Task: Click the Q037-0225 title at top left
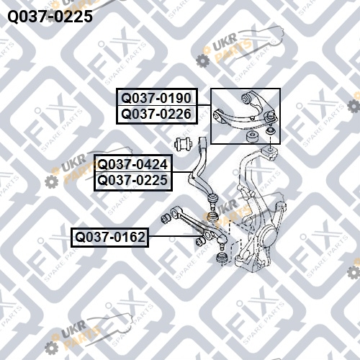coord(50,17)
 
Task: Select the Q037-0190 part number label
coord(156,98)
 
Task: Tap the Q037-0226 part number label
coord(156,114)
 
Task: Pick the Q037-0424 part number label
coord(132,164)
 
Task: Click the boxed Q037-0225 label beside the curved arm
coord(132,180)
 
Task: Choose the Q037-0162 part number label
coord(110,237)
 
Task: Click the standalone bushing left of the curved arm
coord(184,144)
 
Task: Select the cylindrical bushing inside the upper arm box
coord(253,137)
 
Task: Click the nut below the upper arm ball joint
coord(271,131)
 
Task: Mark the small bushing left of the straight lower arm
coord(166,217)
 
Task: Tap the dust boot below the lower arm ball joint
coord(222,258)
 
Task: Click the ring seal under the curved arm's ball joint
coord(212,216)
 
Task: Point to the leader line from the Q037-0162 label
coord(174,236)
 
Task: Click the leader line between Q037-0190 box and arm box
coord(204,105)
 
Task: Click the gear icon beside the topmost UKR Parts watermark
coord(203,60)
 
